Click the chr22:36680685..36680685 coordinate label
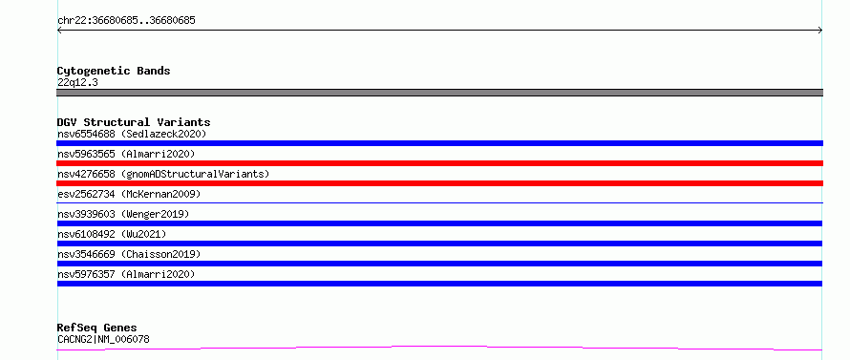(x=126, y=21)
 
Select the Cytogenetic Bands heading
(x=114, y=71)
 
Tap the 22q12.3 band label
(x=77, y=83)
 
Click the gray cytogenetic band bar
(x=439, y=93)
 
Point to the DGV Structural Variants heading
(x=134, y=122)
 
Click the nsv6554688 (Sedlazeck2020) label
(x=132, y=134)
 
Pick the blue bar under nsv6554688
(x=439, y=143)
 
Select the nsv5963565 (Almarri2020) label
(x=126, y=154)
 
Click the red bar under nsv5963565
(x=439, y=163)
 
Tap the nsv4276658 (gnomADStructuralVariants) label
(x=163, y=174)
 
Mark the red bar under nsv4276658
(x=439, y=183)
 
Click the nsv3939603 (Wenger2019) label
(x=123, y=214)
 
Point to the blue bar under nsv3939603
(x=439, y=223)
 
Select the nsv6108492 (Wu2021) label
(x=112, y=234)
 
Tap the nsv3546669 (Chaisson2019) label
(x=129, y=254)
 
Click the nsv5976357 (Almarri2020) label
(x=126, y=274)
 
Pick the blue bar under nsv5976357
(x=439, y=284)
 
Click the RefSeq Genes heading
(x=96, y=328)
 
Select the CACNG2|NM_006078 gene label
(x=103, y=340)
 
